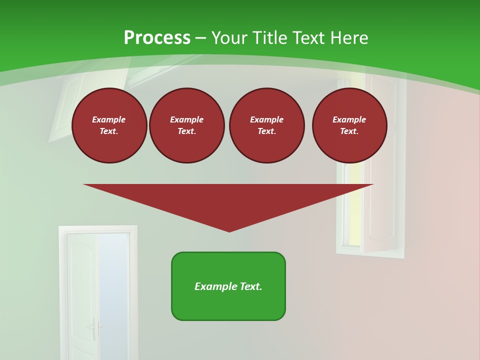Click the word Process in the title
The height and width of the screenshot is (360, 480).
(x=157, y=38)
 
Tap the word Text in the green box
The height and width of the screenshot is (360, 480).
(x=250, y=286)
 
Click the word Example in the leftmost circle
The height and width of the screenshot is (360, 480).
(x=109, y=119)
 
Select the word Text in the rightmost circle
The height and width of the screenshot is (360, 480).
(x=349, y=131)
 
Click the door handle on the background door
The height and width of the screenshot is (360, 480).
(x=92, y=328)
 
